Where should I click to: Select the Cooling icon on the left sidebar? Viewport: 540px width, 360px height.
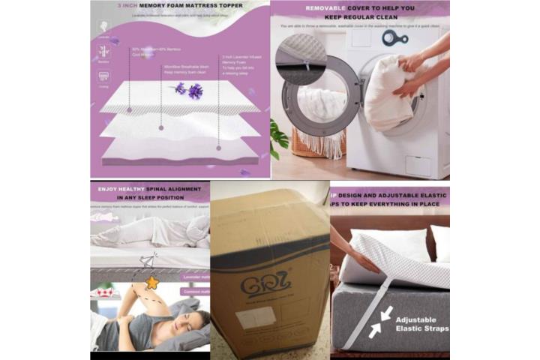(x=103, y=78)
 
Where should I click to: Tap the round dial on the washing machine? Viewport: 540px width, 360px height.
(x=391, y=37)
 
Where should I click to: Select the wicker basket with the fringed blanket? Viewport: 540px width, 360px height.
(x=316, y=140)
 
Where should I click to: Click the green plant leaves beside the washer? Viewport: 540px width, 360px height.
(x=279, y=138)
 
